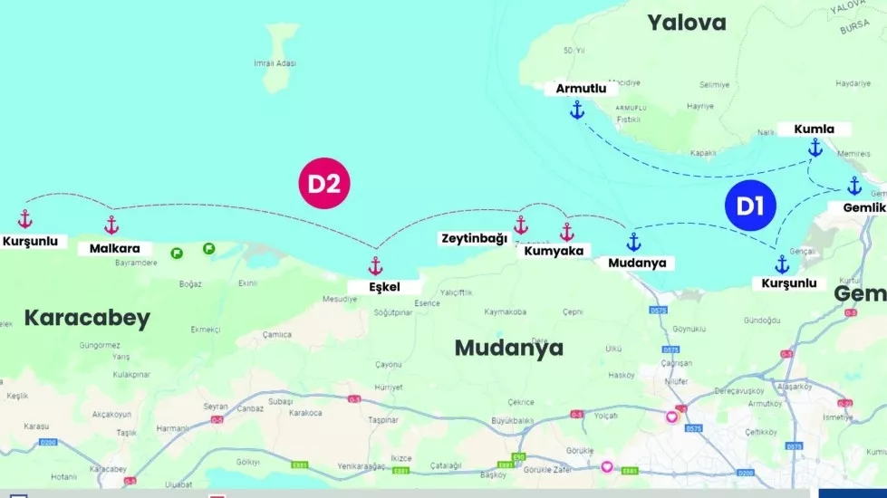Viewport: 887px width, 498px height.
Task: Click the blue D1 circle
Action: point(749,206)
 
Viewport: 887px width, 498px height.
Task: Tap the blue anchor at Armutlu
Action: point(576,110)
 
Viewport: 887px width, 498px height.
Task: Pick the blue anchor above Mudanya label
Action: point(634,242)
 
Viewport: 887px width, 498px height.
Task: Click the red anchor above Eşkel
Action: point(375,266)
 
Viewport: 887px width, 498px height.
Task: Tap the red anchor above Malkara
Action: point(111,225)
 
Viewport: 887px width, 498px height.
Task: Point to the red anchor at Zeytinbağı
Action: point(521,225)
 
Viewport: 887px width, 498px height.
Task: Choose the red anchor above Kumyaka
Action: point(567,232)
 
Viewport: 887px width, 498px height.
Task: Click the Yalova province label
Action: point(687,23)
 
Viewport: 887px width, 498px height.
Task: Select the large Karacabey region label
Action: point(87,318)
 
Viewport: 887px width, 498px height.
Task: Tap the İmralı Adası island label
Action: point(275,63)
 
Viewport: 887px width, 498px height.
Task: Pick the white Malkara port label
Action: point(115,247)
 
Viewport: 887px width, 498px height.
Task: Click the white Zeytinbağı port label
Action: point(474,238)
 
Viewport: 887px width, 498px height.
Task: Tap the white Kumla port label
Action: point(814,129)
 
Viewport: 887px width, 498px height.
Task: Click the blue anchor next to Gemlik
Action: point(854,187)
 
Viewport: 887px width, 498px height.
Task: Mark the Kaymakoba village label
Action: point(506,312)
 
